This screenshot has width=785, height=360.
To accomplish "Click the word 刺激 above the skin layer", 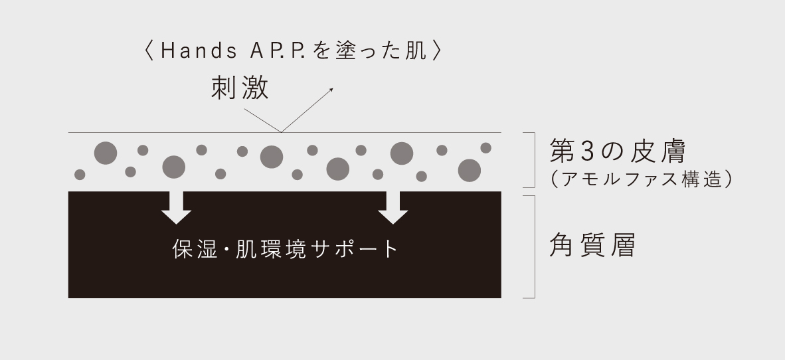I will click(x=240, y=88).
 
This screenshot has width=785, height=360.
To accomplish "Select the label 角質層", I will click(x=592, y=246).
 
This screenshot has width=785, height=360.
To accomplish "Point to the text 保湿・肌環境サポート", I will click(x=285, y=249).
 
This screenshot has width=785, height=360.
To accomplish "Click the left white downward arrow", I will click(x=176, y=207).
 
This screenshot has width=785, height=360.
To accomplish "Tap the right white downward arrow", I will click(x=393, y=207).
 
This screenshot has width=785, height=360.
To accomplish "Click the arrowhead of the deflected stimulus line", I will click(x=331, y=88).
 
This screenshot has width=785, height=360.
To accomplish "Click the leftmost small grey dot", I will click(x=80, y=175).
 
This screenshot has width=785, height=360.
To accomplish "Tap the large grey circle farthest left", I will click(x=105, y=153).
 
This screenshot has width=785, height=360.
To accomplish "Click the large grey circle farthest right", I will click(x=470, y=170).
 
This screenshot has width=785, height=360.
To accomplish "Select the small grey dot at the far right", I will click(x=485, y=147).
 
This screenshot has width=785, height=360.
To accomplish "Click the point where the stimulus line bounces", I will click(x=281, y=132).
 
